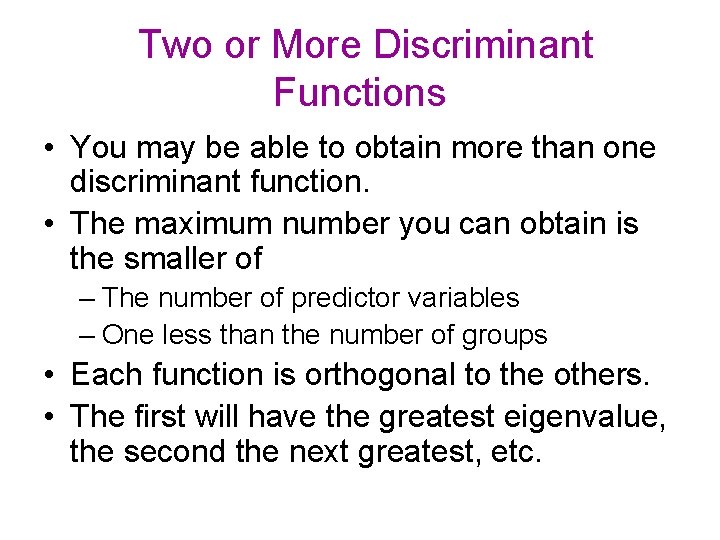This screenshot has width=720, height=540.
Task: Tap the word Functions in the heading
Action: (x=359, y=93)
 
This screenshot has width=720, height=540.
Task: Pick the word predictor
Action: (x=330, y=298)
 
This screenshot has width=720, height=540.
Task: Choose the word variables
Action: (x=466, y=298)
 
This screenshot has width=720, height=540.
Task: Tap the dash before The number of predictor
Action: (x=88, y=299)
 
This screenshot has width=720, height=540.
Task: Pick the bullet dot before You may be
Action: (x=49, y=150)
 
